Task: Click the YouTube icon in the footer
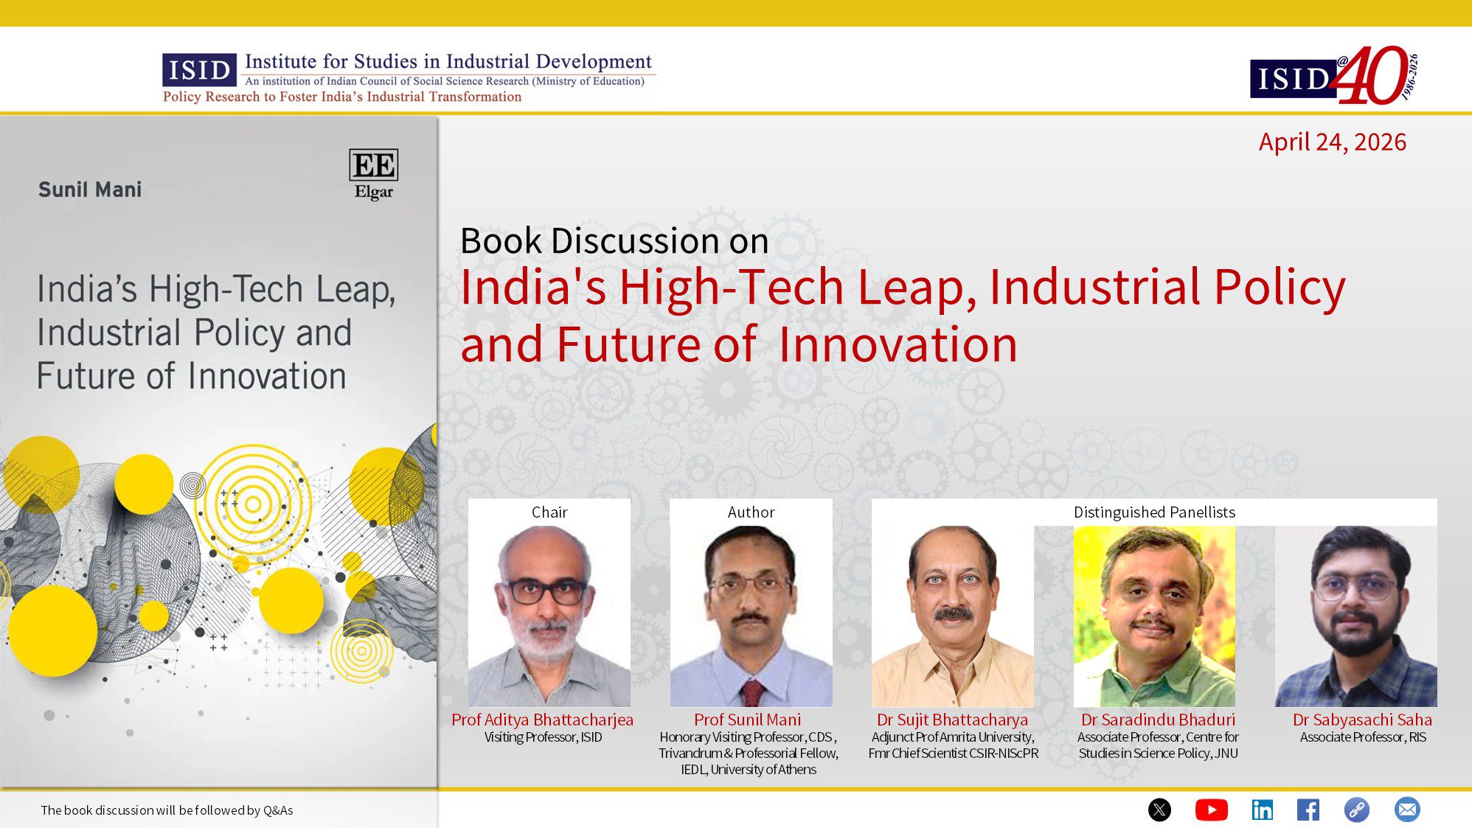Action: click(1211, 810)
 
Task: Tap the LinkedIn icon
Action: click(1262, 810)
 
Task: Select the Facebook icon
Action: click(1308, 810)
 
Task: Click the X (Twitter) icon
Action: click(1159, 810)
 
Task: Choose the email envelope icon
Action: click(1406, 810)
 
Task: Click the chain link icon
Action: click(1356, 810)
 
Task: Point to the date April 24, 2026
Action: click(1332, 142)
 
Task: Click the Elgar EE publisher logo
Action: click(373, 174)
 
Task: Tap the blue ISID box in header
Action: click(199, 70)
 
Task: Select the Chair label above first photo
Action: click(549, 512)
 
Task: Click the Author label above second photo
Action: click(751, 512)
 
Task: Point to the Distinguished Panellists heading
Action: click(1154, 512)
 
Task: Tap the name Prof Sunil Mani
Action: click(747, 720)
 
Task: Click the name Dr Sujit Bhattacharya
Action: click(952, 720)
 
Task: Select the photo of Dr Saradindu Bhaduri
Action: click(1154, 616)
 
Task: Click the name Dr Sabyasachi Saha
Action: click(1362, 720)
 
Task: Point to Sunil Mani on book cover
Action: click(90, 189)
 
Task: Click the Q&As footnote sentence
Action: click(167, 810)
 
